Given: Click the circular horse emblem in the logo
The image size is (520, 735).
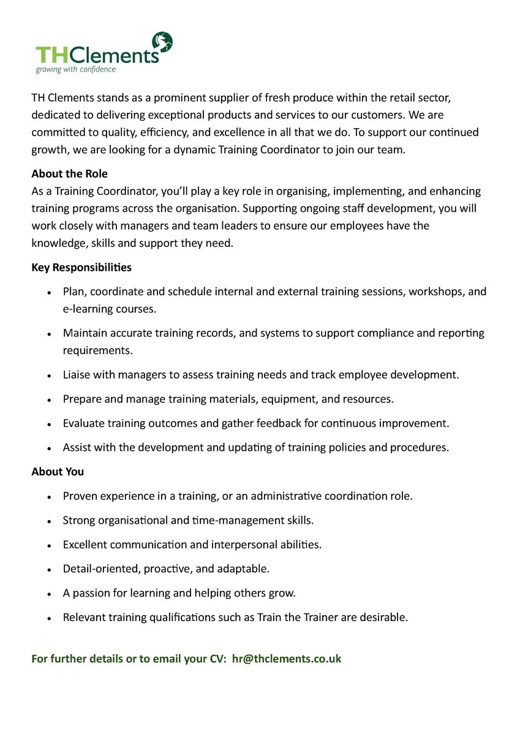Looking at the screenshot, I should pyautogui.click(x=162, y=43).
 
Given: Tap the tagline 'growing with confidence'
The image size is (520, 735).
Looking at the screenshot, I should pyautogui.click(x=75, y=69).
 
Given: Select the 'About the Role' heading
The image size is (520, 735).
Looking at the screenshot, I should pyautogui.click(x=69, y=174).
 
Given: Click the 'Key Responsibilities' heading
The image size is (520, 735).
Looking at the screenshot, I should pyautogui.click(x=81, y=268).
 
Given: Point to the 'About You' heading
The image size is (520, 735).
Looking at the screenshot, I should pyautogui.click(x=58, y=472).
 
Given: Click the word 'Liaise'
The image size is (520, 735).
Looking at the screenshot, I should pyautogui.click(x=77, y=374).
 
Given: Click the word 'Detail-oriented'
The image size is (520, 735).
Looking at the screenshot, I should pyautogui.click(x=102, y=569).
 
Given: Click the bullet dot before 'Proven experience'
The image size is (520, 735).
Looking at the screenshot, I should pyautogui.click(x=49, y=497).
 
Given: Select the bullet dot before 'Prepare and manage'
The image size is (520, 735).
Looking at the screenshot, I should pyautogui.click(x=49, y=400).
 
